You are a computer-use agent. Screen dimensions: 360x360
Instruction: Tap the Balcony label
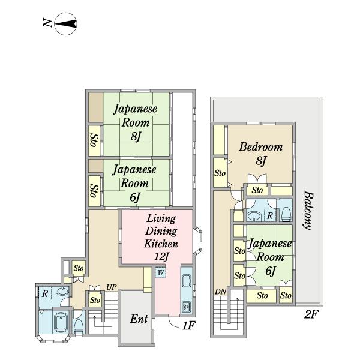[x=307, y=211]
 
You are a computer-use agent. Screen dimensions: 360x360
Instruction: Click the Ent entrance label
[x=139, y=319]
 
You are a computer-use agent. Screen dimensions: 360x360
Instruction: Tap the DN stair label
[x=220, y=292]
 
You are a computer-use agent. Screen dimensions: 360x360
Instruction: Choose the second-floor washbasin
[x=254, y=215]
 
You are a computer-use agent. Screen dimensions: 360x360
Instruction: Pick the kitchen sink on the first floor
[x=185, y=281]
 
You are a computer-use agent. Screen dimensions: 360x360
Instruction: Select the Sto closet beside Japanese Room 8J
[x=94, y=140]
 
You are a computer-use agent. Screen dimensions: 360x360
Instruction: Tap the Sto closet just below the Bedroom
[x=257, y=190]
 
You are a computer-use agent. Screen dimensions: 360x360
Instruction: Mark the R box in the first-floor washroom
[x=45, y=294]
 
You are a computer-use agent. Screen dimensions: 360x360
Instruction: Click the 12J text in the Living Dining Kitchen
[x=160, y=257]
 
